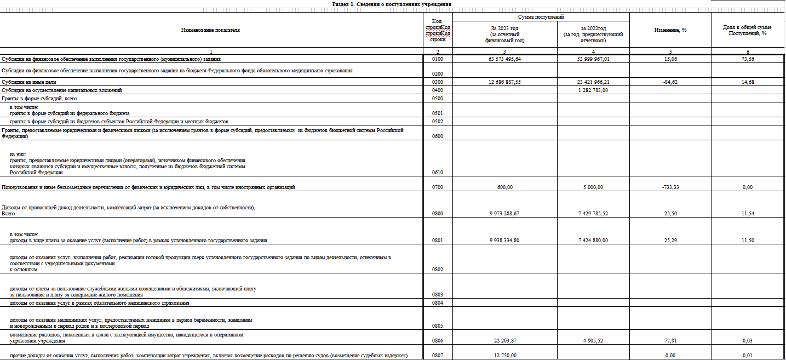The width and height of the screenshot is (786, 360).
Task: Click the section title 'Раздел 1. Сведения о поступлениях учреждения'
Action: (x=392, y=4)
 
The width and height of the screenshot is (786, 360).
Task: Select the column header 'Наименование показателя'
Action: (x=210, y=30)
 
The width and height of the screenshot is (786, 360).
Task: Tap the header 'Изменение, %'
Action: (x=670, y=30)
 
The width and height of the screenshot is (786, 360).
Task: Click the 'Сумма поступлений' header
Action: (x=541, y=18)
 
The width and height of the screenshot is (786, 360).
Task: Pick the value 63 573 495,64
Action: (x=504, y=59)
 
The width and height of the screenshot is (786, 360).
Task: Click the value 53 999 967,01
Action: (x=593, y=59)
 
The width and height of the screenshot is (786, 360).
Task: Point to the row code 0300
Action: (x=437, y=82)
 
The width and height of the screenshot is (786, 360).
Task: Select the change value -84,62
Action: (x=670, y=82)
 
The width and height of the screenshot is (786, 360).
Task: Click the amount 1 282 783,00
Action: (x=593, y=90)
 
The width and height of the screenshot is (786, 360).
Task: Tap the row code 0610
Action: (x=437, y=173)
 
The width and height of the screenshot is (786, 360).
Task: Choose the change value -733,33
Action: (x=670, y=187)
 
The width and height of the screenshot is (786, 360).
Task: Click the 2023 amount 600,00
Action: (x=504, y=187)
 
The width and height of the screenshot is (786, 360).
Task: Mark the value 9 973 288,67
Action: (x=504, y=214)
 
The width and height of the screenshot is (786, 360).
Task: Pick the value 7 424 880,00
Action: (x=593, y=241)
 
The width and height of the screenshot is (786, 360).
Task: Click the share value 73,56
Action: (x=748, y=59)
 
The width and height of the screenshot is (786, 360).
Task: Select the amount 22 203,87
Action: (x=504, y=341)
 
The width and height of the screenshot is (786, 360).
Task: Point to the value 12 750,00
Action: (x=504, y=356)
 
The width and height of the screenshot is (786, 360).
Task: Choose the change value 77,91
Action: (x=670, y=341)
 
